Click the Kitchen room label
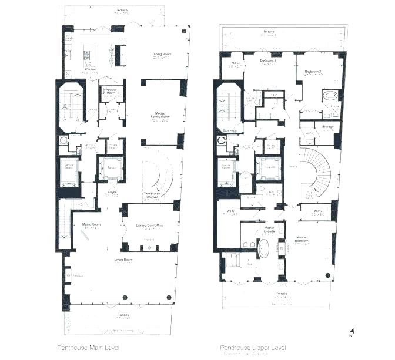pyautogui.click(x=90, y=69)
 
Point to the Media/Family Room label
pyautogui.click(x=159, y=115)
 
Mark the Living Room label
pyautogui.click(x=123, y=259)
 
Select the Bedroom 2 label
pyautogui.click(x=268, y=60)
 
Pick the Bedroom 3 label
pyautogui.click(x=313, y=72)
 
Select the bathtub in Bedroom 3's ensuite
pyautogui.click(x=327, y=96)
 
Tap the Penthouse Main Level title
pyautogui.click(x=89, y=348)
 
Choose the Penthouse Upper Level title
pyautogui.click(x=247, y=348)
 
